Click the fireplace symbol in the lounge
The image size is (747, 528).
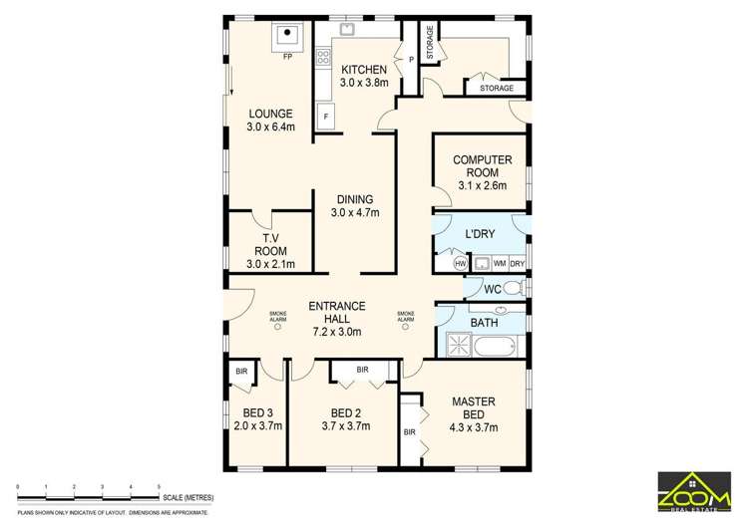[x=287, y=37]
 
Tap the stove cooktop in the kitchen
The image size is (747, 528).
[x=323, y=57]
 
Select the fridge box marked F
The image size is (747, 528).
[x=326, y=116]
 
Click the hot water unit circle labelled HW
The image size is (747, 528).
[x=461, y=264]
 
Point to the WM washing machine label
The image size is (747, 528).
[x=500, y=263]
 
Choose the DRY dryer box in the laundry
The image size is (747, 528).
[x=518, y=264]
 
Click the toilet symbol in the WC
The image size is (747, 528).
[x=516, y=288]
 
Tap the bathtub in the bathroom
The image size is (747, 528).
[x=495, y=346]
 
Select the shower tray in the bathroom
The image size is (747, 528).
[x=459, y=346]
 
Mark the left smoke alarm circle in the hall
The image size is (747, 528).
[x=278, y=326]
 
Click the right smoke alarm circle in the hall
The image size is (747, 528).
[x=406, y=326]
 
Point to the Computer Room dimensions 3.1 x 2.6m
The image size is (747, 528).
[x=482, y=185]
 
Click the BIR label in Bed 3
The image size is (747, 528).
[x=241, y=371]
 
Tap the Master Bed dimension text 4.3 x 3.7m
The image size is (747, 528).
[x=474, y=427]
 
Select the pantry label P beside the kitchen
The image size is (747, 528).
[x=411, y=59]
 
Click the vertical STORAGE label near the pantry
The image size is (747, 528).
[x=430, y=42]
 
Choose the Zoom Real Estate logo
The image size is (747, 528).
[x=694, y=492]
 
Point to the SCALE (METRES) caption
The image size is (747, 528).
[x=188, y=498]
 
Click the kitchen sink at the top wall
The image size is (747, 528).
[x=346, y=29]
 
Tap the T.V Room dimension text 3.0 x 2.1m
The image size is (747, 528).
[x=270, y=264]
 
